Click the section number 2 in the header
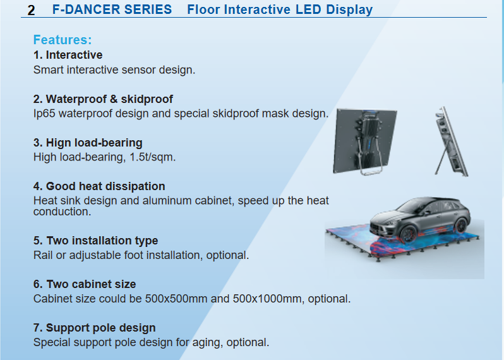pos(31,10)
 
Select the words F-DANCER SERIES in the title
pos(112,9)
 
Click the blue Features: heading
pos(63,40)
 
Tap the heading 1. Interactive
pos(68,55)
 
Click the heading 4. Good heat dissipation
pos(99,186)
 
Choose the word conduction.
pos(62,212)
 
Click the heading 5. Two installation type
pos(96,241)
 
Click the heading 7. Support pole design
pos(95,328)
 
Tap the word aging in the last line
pos(207,343)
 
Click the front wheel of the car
pos(408,234)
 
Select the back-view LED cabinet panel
pos(365,141)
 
